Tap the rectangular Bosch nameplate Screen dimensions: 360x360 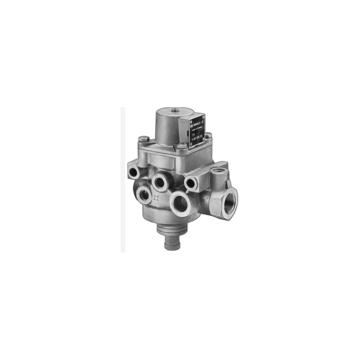[x=194, y=129]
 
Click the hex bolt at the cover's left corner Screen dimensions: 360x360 [x=143, y=139]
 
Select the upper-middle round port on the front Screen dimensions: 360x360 [x=160, y=180]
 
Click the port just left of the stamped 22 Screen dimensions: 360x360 [x=145, y=194]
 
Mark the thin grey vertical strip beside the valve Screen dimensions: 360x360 [x=123, y=180]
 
